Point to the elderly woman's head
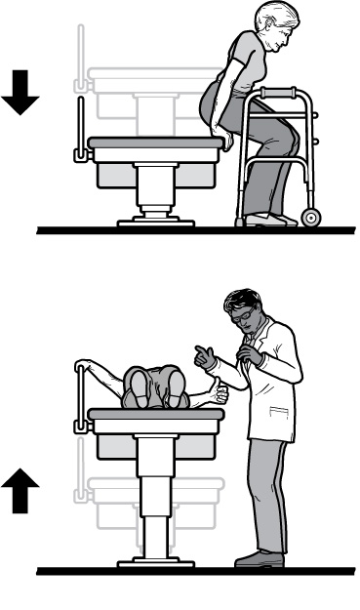coord(270,27)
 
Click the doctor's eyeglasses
coord(241,314)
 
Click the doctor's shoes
coord(259,558)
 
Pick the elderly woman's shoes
coord(269,221)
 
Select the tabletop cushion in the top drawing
coord(156,142)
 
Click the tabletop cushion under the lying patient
coord(156,414)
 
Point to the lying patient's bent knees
coord(156,376)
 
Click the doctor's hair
coord(240,297)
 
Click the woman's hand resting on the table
coord(226,142)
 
